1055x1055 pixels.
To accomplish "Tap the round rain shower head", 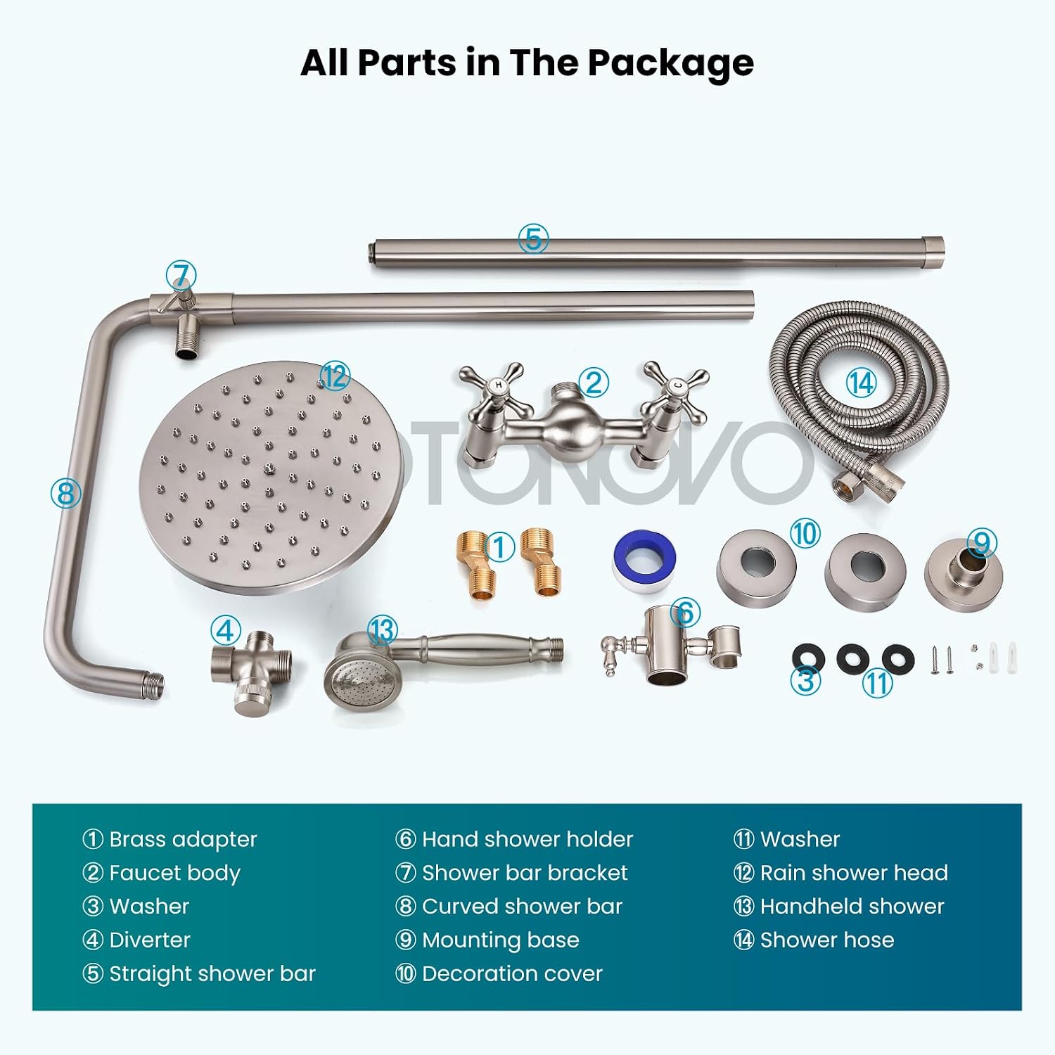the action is click(x=271, y=478).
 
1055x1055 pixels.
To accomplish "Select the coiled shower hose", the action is click(x=859, y=401).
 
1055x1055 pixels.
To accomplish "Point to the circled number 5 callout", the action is click(x=533, y=238).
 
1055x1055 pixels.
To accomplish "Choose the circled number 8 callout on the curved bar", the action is click(x=65, y=493).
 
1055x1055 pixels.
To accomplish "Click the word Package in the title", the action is click(x=670, y=63).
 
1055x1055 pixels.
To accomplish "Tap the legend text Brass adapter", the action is click(x=183, y=839).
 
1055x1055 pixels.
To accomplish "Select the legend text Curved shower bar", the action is click(x=522, y=906).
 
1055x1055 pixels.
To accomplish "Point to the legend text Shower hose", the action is click(x=827, y=940).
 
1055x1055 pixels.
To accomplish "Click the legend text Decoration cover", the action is click(x=512, y=973).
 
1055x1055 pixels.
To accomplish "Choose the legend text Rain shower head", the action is click(x=854, y=873).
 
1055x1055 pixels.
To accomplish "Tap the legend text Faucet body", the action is click(x=174, y=873).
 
